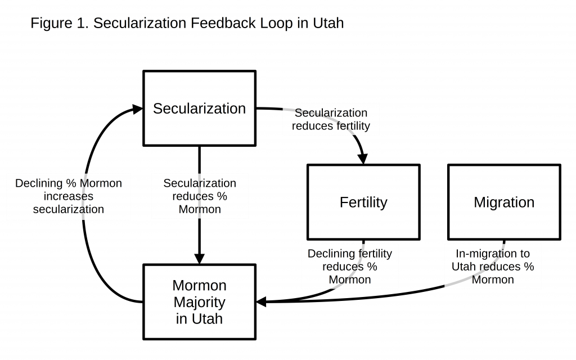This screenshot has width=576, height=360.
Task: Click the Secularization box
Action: [200, 109]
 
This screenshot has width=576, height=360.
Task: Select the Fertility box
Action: [363, 202]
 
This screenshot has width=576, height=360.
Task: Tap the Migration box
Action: [504, 202]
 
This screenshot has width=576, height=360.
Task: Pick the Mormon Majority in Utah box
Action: [200, 302]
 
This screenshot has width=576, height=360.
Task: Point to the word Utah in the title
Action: [328, 23]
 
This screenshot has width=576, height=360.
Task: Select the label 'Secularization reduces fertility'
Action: [331, 119]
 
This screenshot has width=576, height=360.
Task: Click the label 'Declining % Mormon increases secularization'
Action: [68, 196]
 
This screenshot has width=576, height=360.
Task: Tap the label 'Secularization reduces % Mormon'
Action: [200, 196]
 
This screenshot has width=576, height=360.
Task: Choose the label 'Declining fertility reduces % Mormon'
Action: [350, 267]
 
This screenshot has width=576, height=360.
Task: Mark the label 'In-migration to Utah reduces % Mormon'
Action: [493, 267]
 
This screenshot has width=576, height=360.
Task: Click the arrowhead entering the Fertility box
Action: [363, 159]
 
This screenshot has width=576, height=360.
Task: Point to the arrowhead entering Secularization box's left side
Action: [137, 109]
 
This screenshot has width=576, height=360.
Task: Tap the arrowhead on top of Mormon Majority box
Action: [200, 259]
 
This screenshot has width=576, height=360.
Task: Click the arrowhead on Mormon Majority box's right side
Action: [261, 302]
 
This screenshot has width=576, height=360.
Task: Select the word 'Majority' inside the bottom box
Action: [200, 302]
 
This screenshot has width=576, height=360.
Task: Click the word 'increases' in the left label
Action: [68, 196]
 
